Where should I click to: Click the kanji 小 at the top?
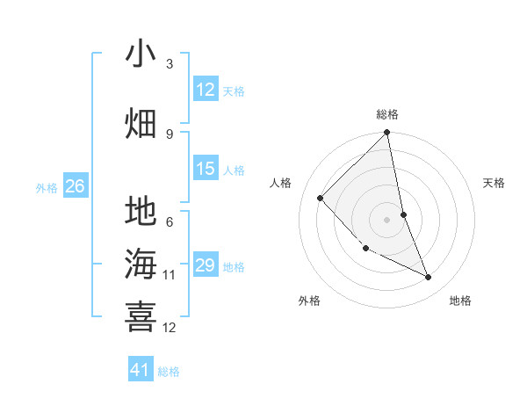pos(141,54)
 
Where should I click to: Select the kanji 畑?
pos(141,123)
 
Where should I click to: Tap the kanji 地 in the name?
pos(141,212)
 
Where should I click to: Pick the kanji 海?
pos(141,264)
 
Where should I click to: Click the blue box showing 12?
pos(206,90)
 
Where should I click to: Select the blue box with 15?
pos(206,169)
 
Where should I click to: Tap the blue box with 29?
pos(206,265)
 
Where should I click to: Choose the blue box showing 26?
pos(75,186)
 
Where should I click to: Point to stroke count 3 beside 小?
pos(170,64)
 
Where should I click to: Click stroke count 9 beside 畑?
pos(170,134)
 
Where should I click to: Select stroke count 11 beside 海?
pos(170,275)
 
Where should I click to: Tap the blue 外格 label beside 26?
pos(47,187)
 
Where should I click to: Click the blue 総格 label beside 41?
pos(169,372)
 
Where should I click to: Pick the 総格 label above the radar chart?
pos(387,114)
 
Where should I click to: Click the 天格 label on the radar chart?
pos(495,183)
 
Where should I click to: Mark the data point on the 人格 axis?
pos(321,198)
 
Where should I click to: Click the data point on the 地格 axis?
pos(429,278)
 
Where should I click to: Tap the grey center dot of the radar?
pos(387,219)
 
